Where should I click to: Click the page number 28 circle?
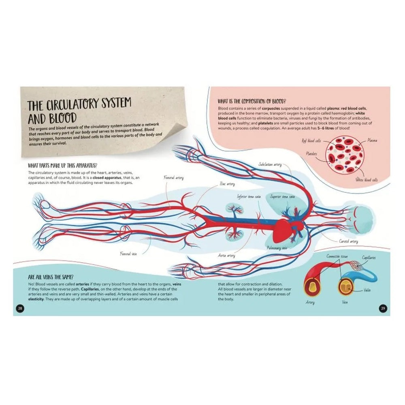[19, 309]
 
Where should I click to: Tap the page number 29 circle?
[383, 309]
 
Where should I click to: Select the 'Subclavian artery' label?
[270, 164]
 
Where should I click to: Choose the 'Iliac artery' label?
[227, 184]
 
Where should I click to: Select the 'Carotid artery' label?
[348, 241]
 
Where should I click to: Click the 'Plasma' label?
[373, 141]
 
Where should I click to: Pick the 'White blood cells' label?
[367, 179]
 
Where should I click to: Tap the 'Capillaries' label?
[368, 258]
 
